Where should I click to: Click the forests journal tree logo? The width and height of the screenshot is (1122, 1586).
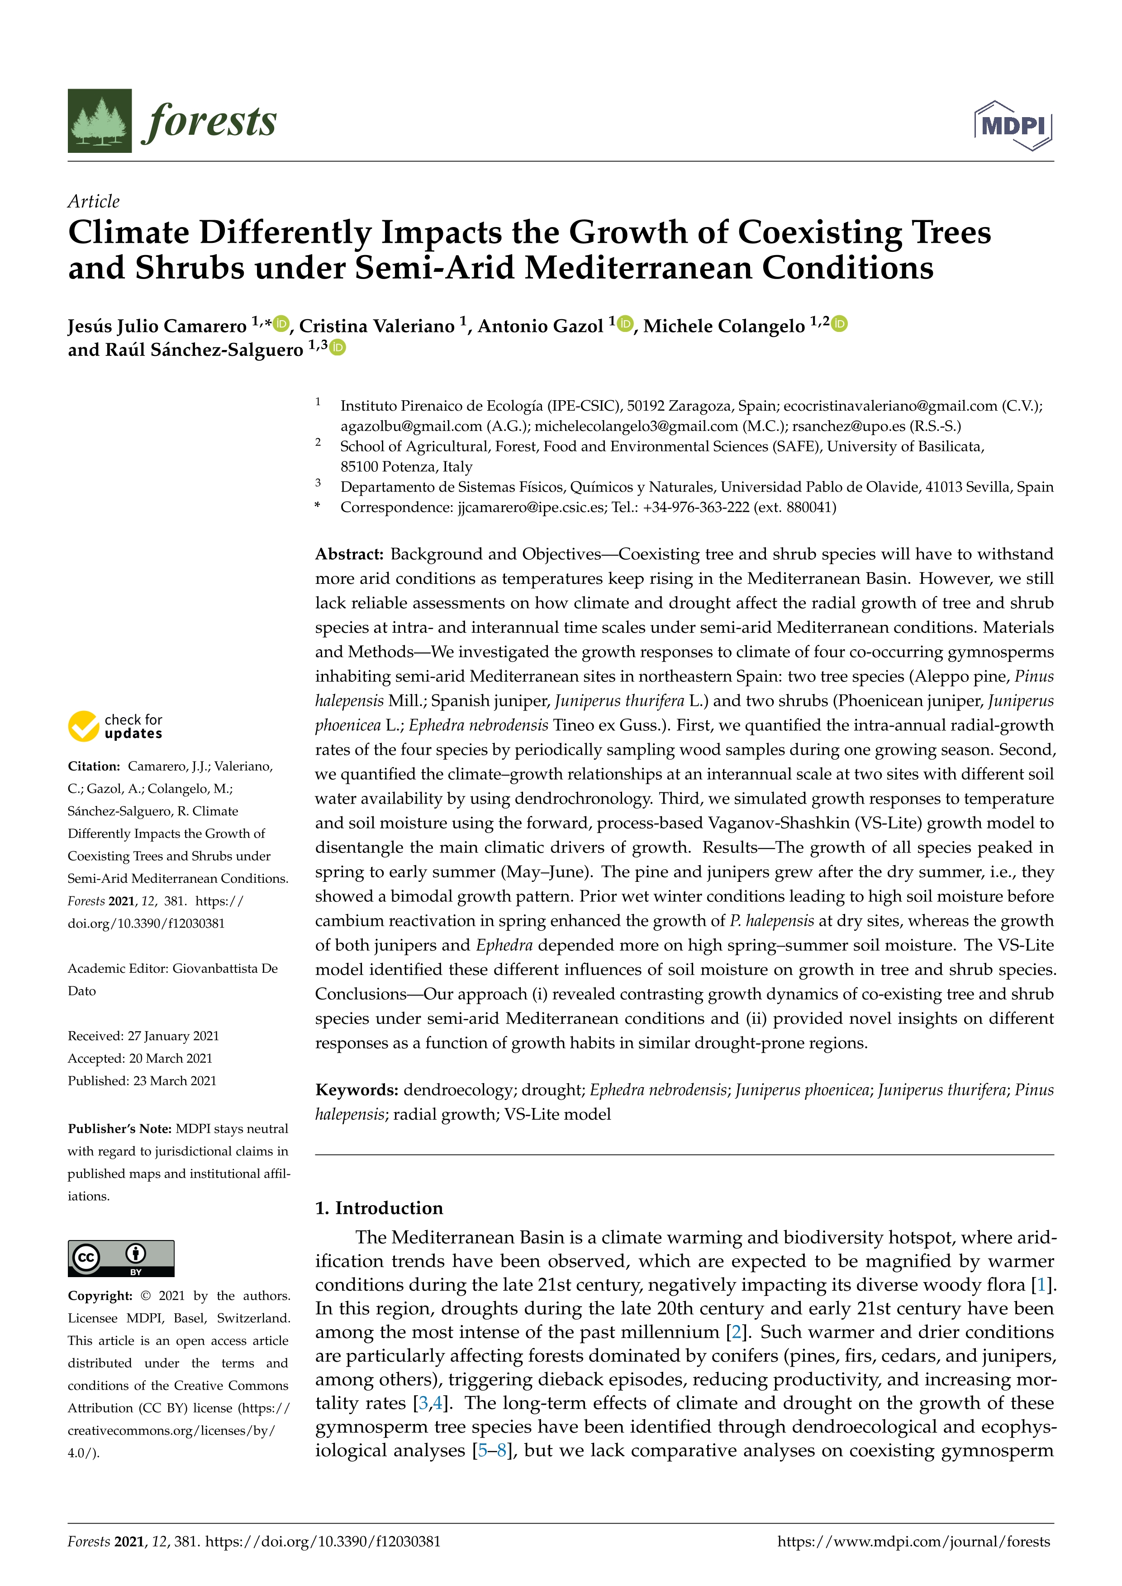(x=100, y=120)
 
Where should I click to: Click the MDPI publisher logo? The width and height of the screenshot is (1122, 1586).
(x=1013, y=126)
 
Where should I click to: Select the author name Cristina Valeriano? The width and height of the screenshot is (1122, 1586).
(x=376, y=326)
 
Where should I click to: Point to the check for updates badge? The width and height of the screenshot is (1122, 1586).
(x=115, y=726)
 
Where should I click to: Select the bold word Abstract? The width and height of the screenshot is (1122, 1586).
(x=349, y=554)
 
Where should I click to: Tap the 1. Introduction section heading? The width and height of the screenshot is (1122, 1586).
(x=379, y=1207)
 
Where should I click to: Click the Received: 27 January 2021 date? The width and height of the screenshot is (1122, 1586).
(x=143, y=1036)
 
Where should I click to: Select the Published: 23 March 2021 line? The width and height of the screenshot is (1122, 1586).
(x=142, y=1080)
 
